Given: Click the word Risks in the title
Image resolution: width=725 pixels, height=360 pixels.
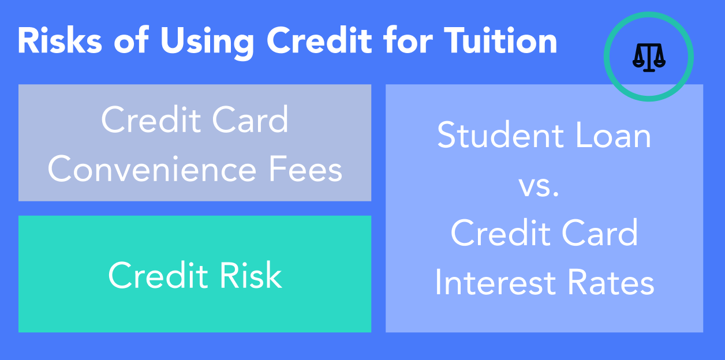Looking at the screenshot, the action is tap(60, 40).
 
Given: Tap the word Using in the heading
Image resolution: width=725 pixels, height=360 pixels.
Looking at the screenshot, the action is tap(207, 42).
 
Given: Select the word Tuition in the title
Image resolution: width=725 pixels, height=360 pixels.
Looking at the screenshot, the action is tap(500, 40).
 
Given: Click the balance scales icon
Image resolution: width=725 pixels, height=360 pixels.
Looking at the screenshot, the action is tap(649, 57).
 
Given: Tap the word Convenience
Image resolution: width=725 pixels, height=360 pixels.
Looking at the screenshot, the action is tap(152, 169).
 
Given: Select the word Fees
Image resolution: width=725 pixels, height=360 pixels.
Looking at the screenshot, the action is tap(305, 169).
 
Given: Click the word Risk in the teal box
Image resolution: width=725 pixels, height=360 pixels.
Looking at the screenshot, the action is tap(251, 275).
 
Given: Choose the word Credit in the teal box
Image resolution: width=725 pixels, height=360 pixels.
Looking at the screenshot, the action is tap(158, 275).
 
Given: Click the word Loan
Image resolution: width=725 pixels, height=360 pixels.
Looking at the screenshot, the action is tap(613, 134).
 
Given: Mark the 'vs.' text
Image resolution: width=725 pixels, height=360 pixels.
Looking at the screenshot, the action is tap(539, 186).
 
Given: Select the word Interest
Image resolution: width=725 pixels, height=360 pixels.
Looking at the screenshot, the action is tap(495, 282).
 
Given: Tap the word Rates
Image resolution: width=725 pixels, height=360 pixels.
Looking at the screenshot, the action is tap(611, 282).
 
